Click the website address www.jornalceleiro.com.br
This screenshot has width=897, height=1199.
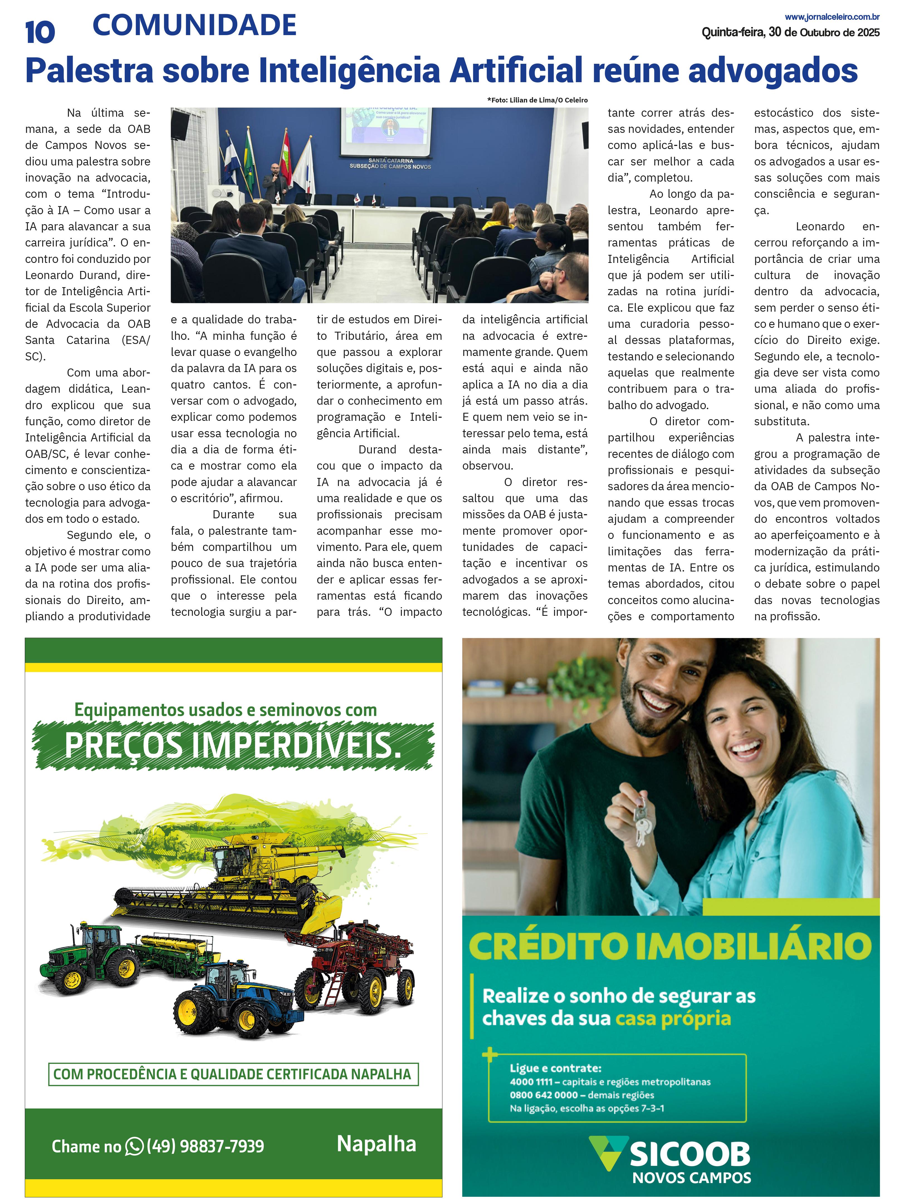pyautogui.click(x=832, y=17)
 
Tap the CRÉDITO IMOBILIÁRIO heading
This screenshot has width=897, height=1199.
pyautogui.click(x=670, y=946)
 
